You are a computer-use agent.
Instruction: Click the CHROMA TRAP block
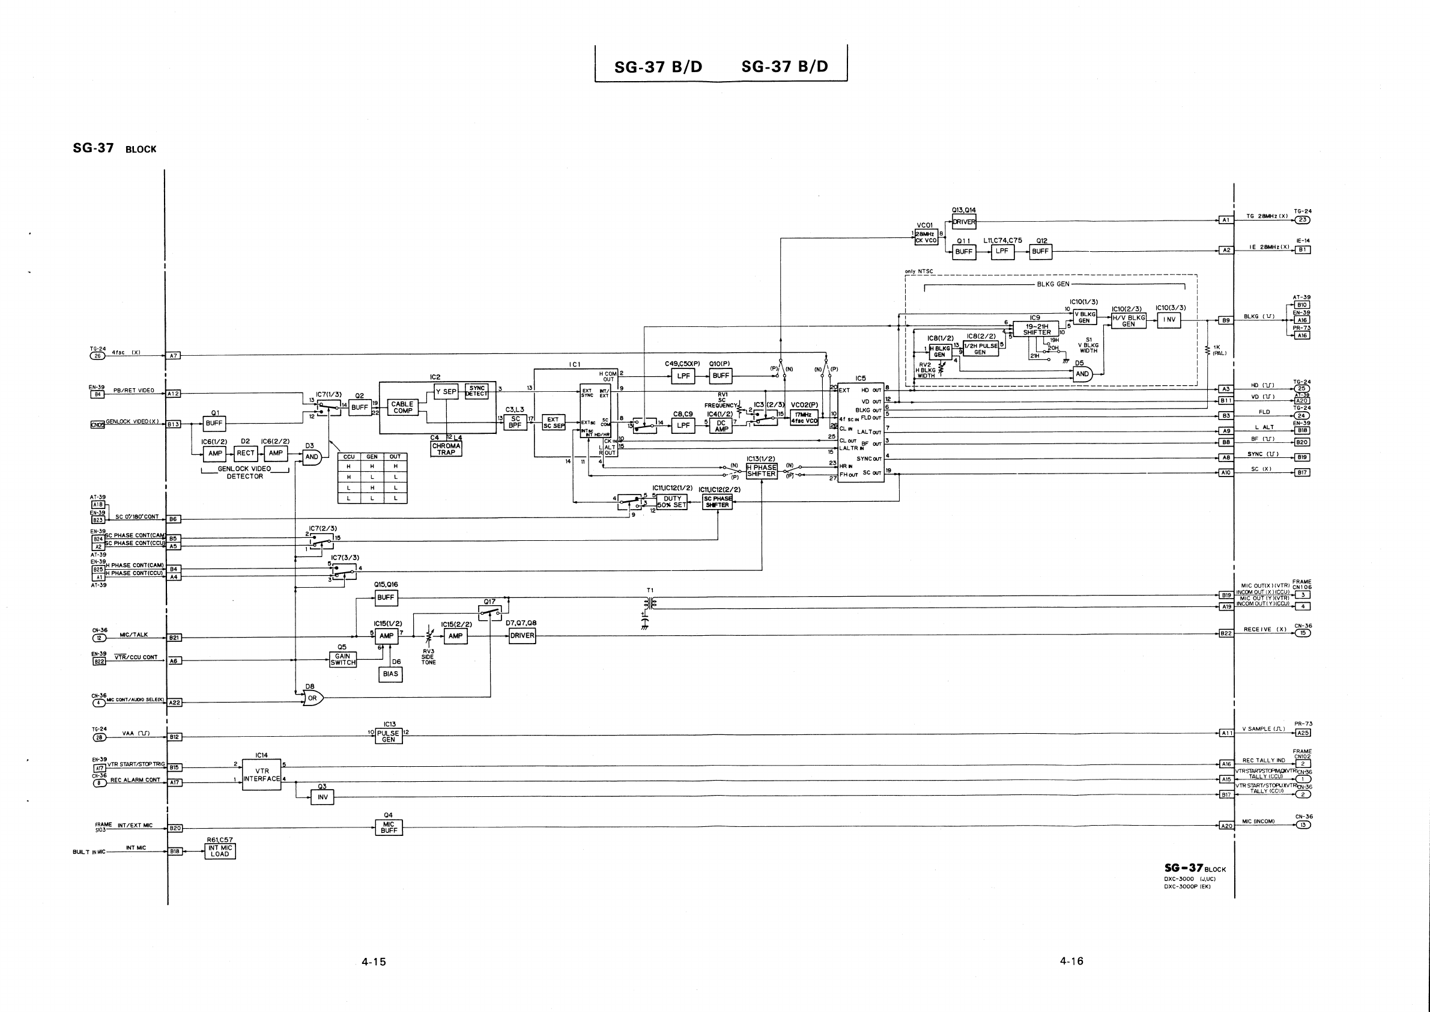(x=446, y=449)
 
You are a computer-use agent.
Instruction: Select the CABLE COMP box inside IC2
(x=402, y=407)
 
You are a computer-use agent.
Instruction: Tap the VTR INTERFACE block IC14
(x=262, y=775)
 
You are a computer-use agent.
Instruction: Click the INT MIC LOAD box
(x=220, y=850)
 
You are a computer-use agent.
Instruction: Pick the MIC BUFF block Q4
(x=389, y=827)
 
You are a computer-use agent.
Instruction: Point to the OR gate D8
(x=312, y=698)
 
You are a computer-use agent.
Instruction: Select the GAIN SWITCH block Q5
(x=342, y=659)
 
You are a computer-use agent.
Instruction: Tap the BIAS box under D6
(x=390, y=674)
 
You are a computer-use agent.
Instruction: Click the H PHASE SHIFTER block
(x=761, y=471)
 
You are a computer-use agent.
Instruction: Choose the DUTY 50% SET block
(x=672, y=502)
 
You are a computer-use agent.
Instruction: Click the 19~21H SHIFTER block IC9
(x=1037, y=329)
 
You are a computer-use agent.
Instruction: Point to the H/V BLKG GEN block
(x=1129, y=320)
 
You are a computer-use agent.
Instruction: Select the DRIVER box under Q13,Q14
(x=964, y=222)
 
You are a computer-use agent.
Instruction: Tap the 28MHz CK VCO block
(x=926, y=237)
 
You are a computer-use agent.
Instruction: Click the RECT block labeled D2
(x=246, y=453)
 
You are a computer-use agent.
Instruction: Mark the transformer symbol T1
(x=651, y=603)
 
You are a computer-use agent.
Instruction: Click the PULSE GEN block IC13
(x=389, y=736)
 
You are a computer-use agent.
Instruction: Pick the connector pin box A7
(x=174, y=356)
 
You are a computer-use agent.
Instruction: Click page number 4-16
(x=1071, y=961)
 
